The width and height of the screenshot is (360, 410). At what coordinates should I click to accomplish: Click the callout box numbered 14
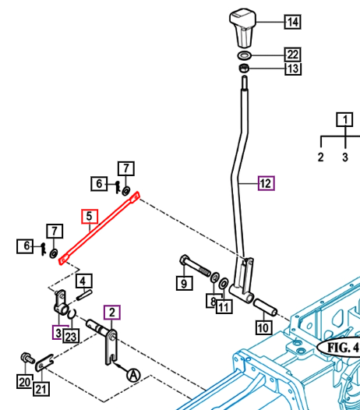(x=292, y=22)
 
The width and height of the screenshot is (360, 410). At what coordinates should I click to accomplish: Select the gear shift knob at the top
(x=242, y=28)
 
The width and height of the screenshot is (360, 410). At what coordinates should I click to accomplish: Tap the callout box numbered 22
(x=293, y=55)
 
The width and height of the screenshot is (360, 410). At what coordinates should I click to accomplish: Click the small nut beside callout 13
(x=244, y=69)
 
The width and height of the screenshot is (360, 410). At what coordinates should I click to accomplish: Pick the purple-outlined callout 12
(x=266, y=183)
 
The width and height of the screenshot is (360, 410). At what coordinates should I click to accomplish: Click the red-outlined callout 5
(x=90, y=217)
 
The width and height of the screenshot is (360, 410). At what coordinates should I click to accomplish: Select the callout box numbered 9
(x=185, y=283)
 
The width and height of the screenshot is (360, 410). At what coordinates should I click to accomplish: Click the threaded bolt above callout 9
(x=195, y=266)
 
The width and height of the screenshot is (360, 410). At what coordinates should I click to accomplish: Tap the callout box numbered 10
(x=263, y=327)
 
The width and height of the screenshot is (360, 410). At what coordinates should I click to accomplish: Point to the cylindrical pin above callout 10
(x=265, y=307)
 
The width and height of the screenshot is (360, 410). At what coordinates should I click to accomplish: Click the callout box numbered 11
(x=224, y=306)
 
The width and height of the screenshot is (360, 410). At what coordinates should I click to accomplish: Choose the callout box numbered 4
(x=83, y=281)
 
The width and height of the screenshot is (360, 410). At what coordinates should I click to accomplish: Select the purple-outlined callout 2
(x=112, y=313)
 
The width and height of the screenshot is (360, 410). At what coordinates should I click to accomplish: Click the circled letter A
(x=133, y=376)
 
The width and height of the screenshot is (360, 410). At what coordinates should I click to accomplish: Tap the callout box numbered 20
(x=25, y=382)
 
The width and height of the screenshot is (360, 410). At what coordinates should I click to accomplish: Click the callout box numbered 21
(x=41, y=389)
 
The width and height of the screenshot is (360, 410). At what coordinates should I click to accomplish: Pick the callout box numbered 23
(x=71, y=336)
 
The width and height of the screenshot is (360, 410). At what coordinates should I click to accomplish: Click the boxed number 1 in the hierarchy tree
(x=345, y=120)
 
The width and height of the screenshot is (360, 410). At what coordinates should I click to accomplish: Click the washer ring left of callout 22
(x=245, y=55)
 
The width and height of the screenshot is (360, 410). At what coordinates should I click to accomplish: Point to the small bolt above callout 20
(x=27, y=358)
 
